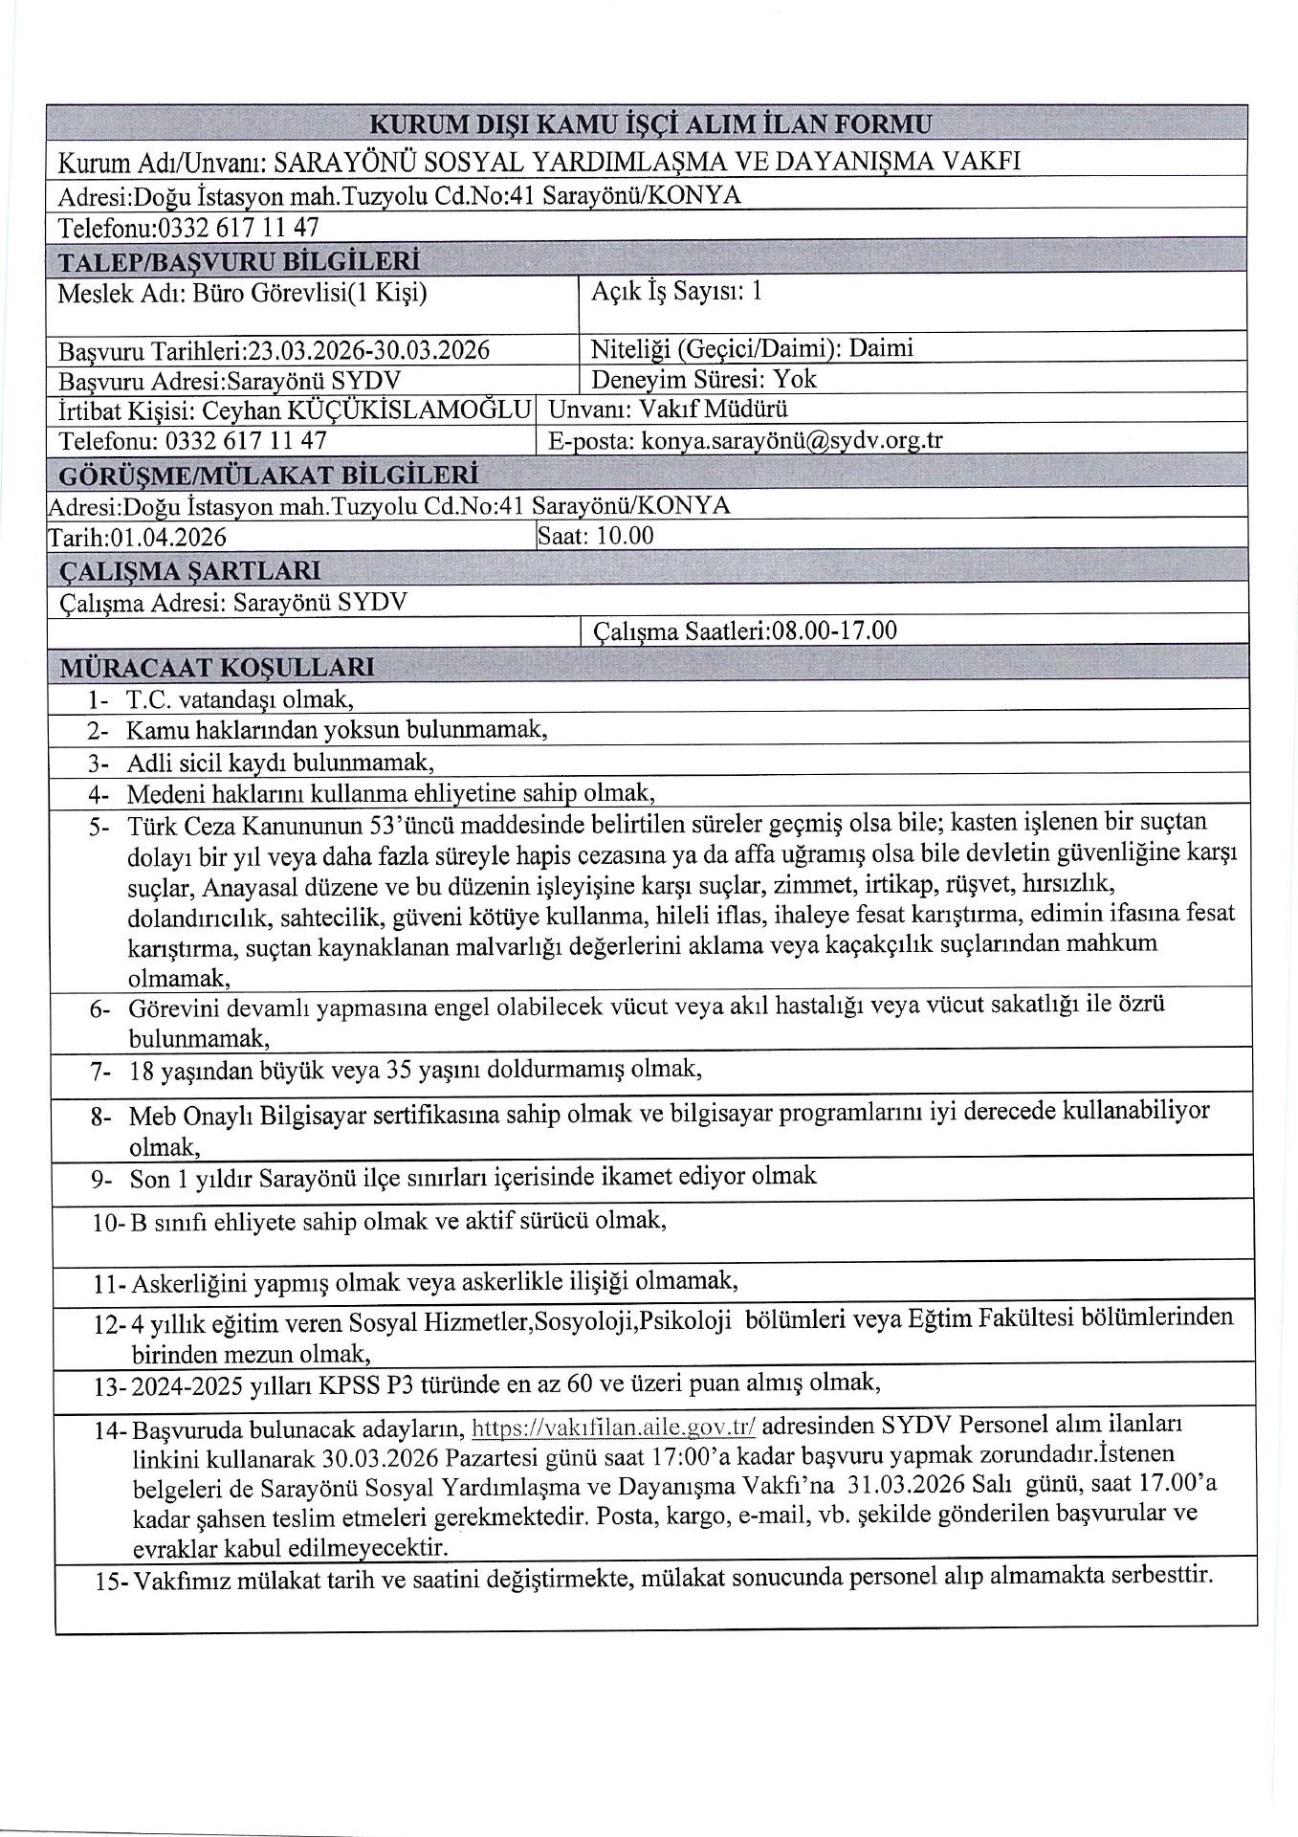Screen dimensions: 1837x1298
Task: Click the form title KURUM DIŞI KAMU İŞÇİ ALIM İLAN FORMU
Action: pos(649,123)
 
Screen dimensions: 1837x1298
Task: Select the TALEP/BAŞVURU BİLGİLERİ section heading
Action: pos(239,260)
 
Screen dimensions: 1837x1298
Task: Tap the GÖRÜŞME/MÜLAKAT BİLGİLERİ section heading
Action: pos(268,475)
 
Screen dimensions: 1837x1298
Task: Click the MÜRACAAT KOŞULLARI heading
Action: pos(216,666)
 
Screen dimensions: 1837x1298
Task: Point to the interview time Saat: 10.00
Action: pos(597,535)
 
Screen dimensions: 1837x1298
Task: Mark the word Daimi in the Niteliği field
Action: pos(881,347)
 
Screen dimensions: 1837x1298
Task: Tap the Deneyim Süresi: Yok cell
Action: pos(704,379)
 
